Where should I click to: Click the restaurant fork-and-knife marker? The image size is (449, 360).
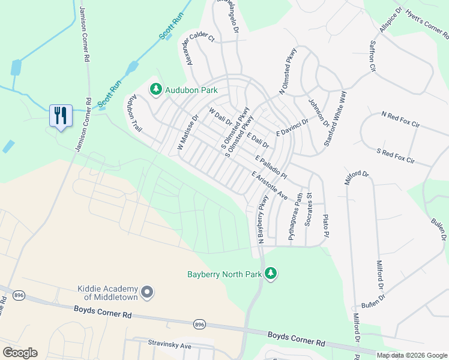point(60,115)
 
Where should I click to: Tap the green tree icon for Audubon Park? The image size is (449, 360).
point(156,89)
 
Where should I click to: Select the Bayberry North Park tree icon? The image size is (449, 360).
point(271,274)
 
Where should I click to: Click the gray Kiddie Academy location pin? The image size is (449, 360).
point(147,292)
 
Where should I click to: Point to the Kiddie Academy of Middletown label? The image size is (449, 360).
point(107,293)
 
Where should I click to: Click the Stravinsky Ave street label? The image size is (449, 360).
point(169,346)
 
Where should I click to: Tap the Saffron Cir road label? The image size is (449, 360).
point(372,56)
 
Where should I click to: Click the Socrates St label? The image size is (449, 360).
point(309,209)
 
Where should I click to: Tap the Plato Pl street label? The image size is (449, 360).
point(326,224)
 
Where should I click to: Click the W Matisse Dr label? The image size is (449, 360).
point(187,133)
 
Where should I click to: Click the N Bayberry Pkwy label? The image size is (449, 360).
point(262,220)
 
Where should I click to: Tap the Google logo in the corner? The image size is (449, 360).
point(20,353)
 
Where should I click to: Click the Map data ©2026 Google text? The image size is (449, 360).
point(412,355)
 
